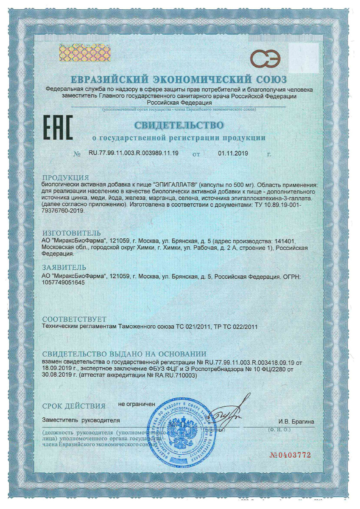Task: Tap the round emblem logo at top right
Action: coord(265,58)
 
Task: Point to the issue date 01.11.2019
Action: coord(234,154)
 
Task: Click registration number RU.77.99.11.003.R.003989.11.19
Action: coord(133,154)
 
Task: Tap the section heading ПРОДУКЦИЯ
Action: coord(65,177)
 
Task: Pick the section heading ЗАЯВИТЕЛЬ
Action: coord(64,267)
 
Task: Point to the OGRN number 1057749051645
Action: coord(66,284)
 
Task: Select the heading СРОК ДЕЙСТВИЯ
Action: coord(74,406)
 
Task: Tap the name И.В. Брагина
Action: coord(296,421)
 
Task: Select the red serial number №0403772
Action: coord(290,455)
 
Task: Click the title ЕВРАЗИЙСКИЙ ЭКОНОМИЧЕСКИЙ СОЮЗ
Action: coord(179,79)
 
